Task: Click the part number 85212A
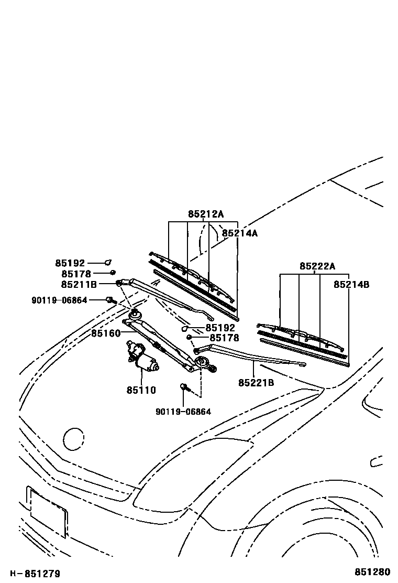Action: [x=206, y=214]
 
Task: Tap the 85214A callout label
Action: [x=239, y=233]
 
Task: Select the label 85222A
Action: [x=317, y=266]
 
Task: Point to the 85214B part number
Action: [x=351, y=285]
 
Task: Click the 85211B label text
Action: [x=79, y=284]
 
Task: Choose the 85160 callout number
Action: [x=106, y=333]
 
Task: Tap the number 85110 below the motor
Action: [x=141, y=390]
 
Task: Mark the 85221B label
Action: [x=256, y=383]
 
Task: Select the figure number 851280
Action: [x=373, y=573]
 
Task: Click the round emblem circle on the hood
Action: [x=73, y=439]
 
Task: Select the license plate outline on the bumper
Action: [x=47, y=511]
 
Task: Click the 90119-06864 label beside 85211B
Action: [x=59, y=300]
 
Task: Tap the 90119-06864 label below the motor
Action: [x=183, y=412]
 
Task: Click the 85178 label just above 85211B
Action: [x=76, y=274]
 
